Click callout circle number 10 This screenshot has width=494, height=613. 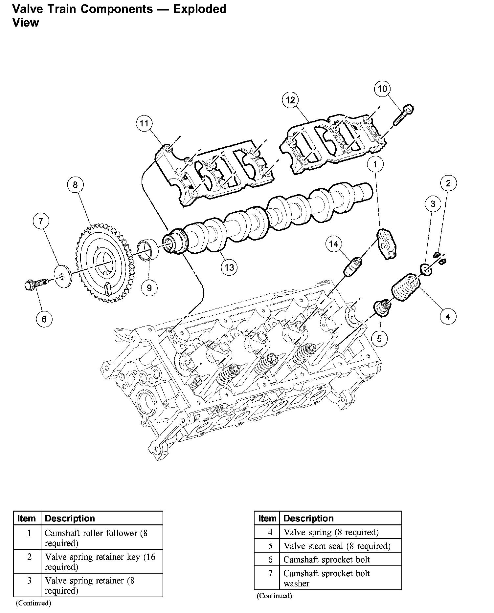click(x=382, y=89)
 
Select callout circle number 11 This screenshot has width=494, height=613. click(x=144, y=124)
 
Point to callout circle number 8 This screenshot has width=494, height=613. click(x=75, y=185)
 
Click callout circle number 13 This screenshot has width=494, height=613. click(x=229, y=267)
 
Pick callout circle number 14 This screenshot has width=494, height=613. click(x=334, y=244)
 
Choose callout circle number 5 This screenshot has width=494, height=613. click(x=379, y=338)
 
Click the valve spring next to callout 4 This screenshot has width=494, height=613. click(x=406, y=288)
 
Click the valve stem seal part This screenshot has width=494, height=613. click(x=383, y=308)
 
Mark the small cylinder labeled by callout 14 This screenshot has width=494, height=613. click(x=353, y=267)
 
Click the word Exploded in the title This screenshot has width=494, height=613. click(x=199, y=9)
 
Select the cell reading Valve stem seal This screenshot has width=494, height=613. click(x=337, y=546)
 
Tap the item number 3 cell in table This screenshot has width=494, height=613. click(x=29, y=581)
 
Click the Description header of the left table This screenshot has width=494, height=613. click(x=70, y=518)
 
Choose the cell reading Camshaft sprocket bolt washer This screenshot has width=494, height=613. click(x=326, y=578)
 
